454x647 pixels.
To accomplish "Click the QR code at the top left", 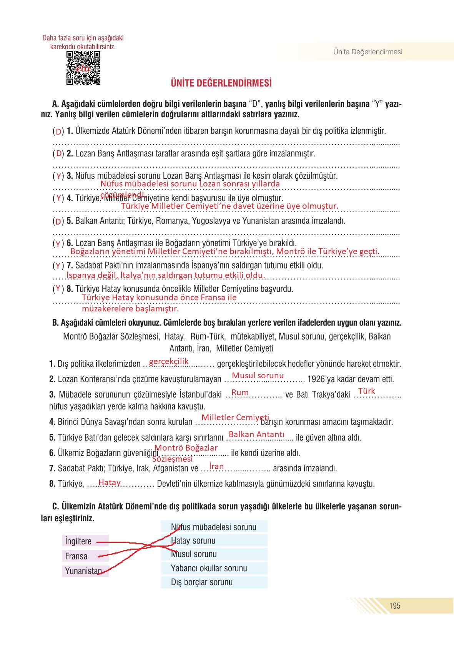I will tap(83, 68).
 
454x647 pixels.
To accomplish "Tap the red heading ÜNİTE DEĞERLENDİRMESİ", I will tap(221, 83).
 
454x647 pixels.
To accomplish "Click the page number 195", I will tap(394, 606).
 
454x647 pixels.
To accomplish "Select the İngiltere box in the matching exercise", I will tap(85, 541).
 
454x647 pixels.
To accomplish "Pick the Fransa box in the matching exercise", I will tap(85, 556).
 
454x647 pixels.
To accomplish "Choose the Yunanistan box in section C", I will tap(85, 570).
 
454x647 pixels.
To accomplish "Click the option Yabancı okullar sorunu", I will tap(214, 568).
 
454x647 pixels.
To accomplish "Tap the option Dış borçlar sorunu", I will tap(214, 582).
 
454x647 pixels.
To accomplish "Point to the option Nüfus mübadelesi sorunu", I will tap(214, 527).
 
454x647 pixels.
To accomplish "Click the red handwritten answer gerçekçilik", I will tap(169, 361).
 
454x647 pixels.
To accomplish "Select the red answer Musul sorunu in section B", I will tap(258, 375).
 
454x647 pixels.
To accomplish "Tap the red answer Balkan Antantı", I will tap(256, 434).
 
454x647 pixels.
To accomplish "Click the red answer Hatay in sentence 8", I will tap(110, 482).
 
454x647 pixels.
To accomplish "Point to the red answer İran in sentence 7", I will tap(216, 466).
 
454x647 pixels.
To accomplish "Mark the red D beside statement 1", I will tap(58, 131).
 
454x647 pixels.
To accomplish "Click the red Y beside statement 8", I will tap(58, 288).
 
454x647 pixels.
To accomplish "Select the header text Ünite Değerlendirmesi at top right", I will tap(368, 52).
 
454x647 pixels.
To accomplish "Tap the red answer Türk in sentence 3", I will tap(366, 391).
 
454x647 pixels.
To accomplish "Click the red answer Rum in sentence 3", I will tap(240, 393).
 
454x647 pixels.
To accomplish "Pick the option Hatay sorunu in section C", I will tap(214, 541).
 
